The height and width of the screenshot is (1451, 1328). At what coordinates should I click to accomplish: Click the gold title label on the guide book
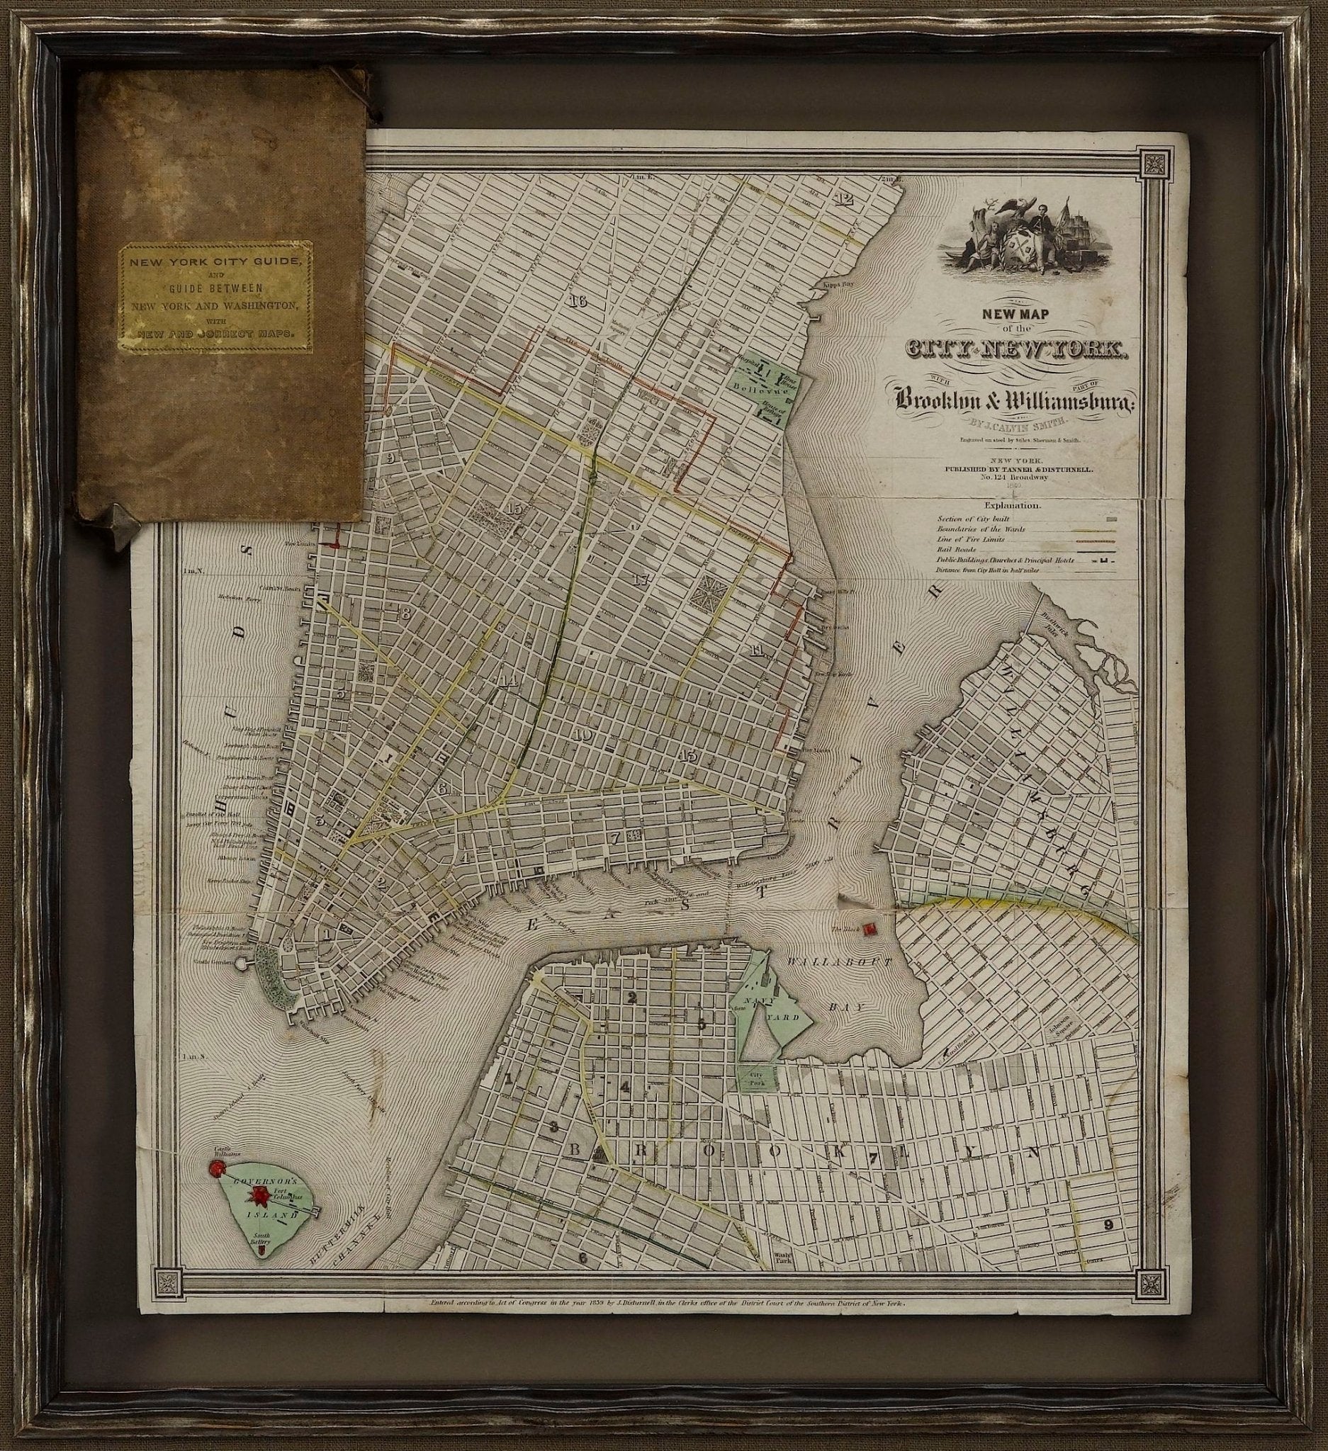[x=216, y=298]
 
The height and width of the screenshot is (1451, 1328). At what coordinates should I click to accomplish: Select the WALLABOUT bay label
[x=839, y=961]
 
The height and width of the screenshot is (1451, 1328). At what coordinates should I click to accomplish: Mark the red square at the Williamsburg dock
[x=871, y=928]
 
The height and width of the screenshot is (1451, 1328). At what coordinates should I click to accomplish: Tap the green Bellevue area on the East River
[x=766, y=392]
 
